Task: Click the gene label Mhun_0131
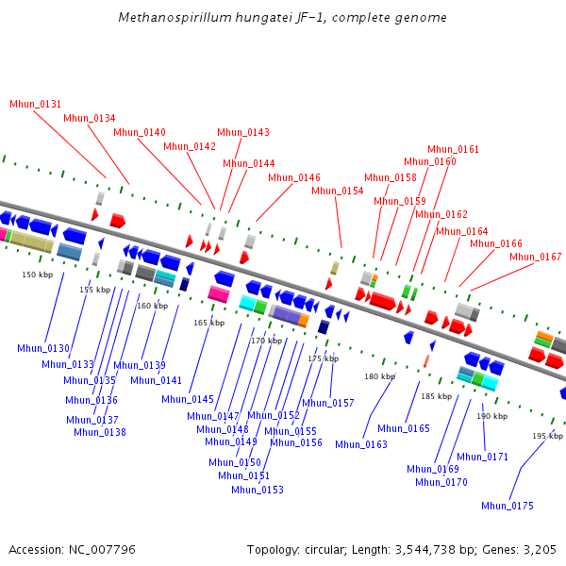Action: pos(35,104)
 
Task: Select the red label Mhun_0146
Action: pos(293,177)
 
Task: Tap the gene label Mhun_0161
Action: pos(453,149)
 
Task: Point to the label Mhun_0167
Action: pos(535,257)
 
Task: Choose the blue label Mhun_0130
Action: pos(42,348)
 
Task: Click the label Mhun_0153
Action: pos(257,490)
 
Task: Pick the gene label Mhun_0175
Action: pos(507,506)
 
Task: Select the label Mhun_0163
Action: pos(360,444)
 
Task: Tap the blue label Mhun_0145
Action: pos(187,399)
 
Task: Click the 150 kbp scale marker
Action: pos(37,275)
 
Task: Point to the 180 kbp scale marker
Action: pos(379,376)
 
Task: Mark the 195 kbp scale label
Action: pos(547,436)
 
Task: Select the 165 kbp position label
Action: pos(208,323)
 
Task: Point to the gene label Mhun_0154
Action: pos(337,191)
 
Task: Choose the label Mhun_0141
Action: pos(156,380)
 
